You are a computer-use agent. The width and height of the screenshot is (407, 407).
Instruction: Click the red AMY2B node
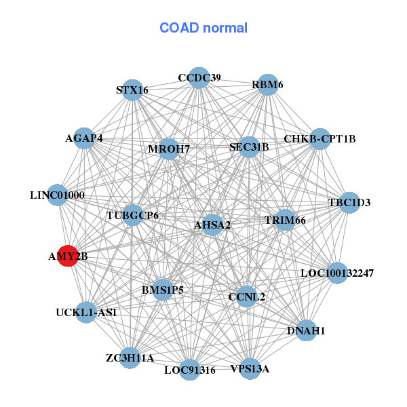coord(67,256)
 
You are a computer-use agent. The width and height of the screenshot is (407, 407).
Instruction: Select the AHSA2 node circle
coord(213,225)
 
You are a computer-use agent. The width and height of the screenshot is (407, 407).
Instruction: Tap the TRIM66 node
coord(285,220)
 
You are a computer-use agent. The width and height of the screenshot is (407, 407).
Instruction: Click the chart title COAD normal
coord(203,28)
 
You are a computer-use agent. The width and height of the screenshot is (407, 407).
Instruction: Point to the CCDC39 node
coord(199,77)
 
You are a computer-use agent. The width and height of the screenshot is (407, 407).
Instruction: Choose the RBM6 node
coord(269,84)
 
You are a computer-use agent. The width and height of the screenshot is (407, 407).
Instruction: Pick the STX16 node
coord(132,90)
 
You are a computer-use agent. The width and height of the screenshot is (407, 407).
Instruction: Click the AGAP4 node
coord(84,138)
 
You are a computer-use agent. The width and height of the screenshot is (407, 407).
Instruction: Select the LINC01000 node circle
coord(58,195)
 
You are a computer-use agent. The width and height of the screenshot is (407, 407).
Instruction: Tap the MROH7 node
coord(169,149)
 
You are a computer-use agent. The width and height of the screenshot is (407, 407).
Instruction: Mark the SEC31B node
coord(249,147)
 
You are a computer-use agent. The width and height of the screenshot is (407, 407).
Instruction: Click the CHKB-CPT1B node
coord(319,139)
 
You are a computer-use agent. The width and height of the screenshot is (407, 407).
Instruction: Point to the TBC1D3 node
coord(349,202)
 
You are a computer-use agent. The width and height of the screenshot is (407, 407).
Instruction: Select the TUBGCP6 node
coord(133,216)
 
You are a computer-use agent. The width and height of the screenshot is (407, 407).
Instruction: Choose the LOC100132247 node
coord(337,273)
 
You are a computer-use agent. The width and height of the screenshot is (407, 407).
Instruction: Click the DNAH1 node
coord(307,330)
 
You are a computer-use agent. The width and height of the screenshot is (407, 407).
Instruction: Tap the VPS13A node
coord(250,368)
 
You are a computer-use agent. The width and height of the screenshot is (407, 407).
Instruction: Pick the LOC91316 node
coord(190,370)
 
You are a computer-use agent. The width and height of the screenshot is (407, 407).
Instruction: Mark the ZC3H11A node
coord(130,357)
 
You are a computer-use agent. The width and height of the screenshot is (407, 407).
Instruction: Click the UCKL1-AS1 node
coord(86,313)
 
